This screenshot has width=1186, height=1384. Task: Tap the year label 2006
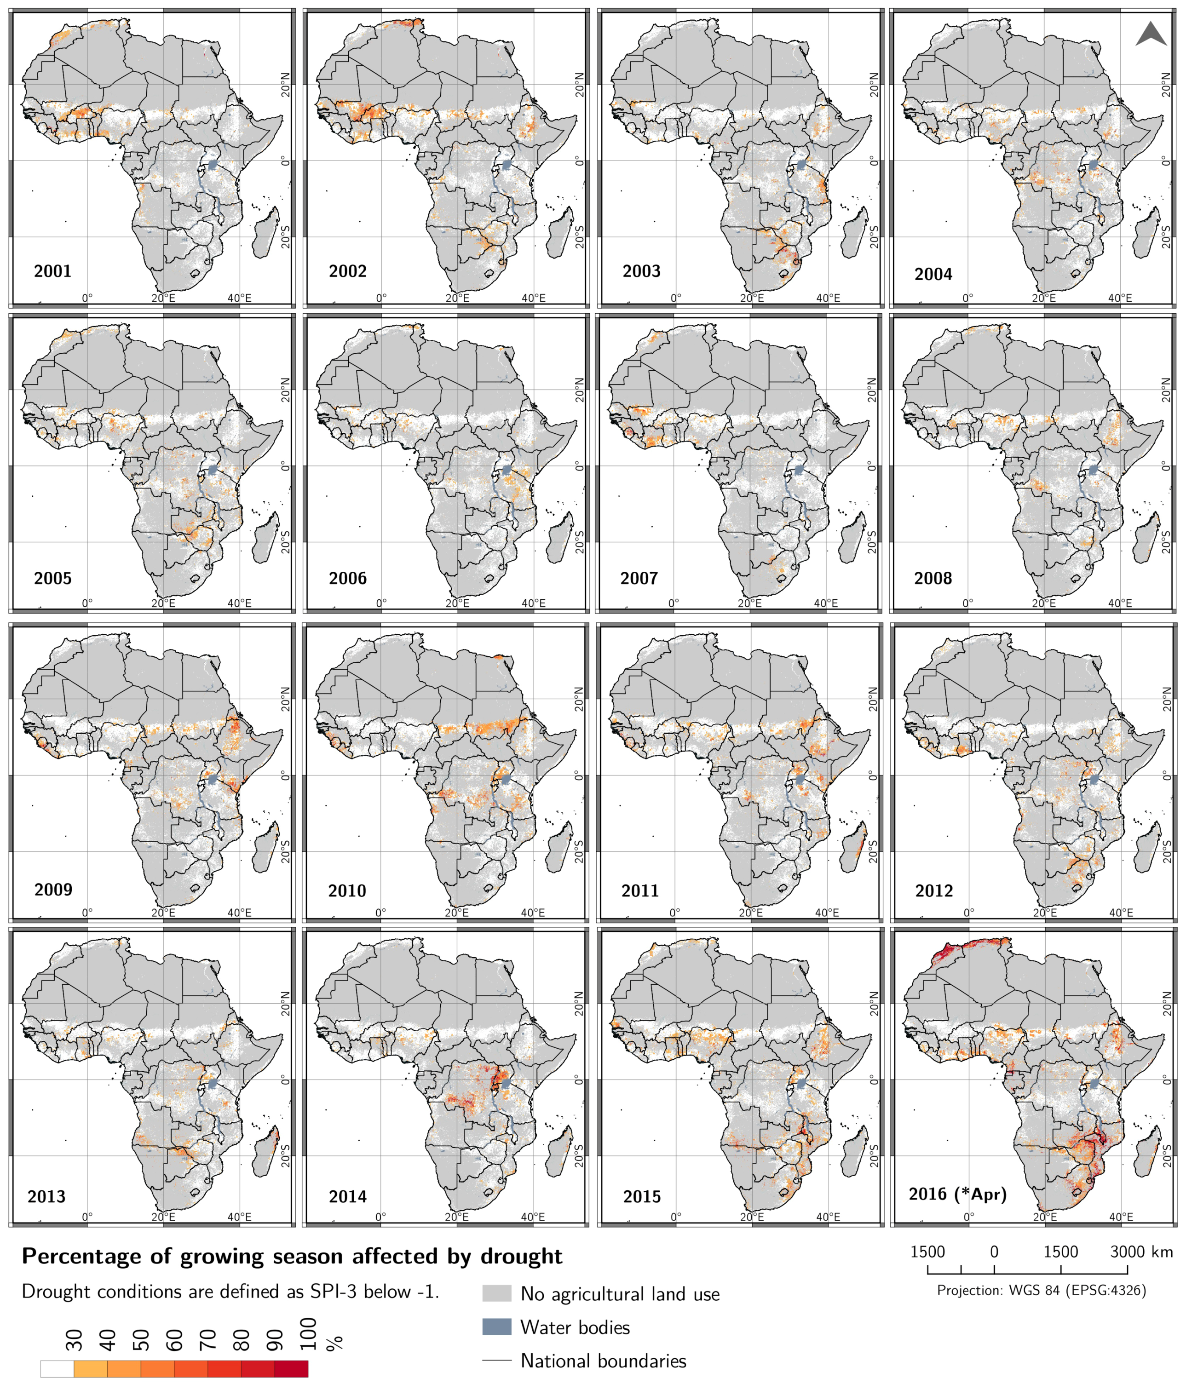[347, 579]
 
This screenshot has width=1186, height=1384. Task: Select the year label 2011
[640, 890]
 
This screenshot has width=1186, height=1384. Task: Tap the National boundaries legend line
[496, 1360]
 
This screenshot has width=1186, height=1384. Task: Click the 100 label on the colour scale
[307, 1334]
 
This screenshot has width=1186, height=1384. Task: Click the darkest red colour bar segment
[291, 1369]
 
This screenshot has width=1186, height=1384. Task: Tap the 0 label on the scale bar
[994, 1252]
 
